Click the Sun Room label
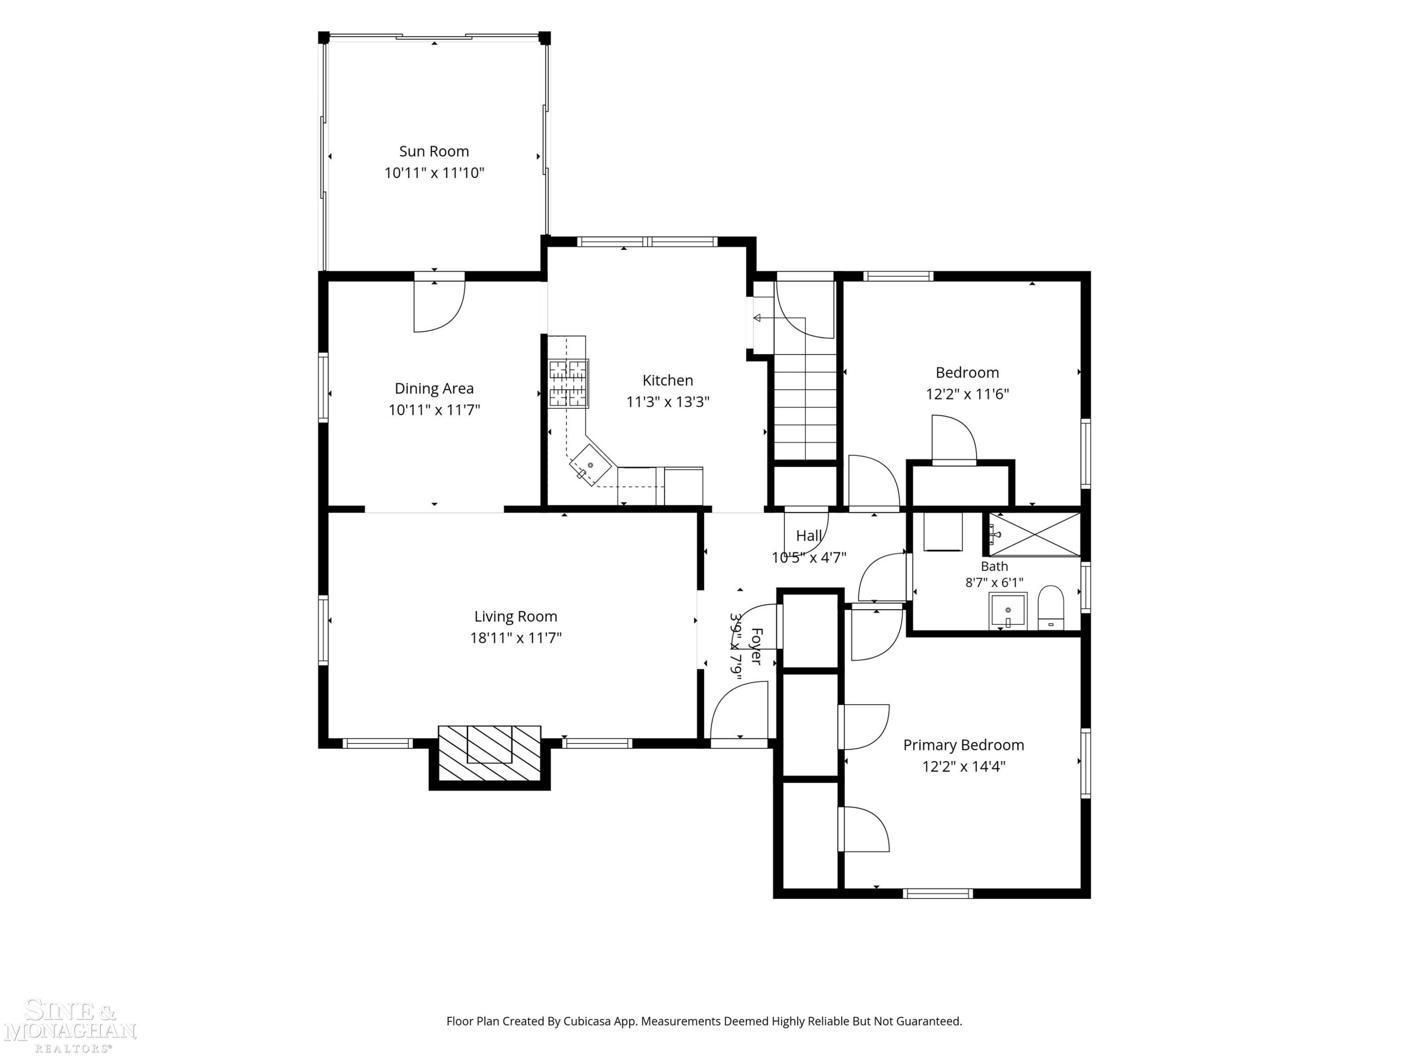tap(434, 152)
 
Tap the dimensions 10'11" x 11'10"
tap(434, 173)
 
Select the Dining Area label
tap(434, 389)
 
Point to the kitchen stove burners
tap(568, 383)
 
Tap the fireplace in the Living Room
tap(489, 753)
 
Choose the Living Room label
tap(515, 617)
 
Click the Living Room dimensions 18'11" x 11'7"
tap(515, 638)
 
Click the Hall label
tap(809, 536)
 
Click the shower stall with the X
tap(1035, 534)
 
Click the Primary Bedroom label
tap(963, 746)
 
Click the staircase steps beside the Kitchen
tap(805, 407)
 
